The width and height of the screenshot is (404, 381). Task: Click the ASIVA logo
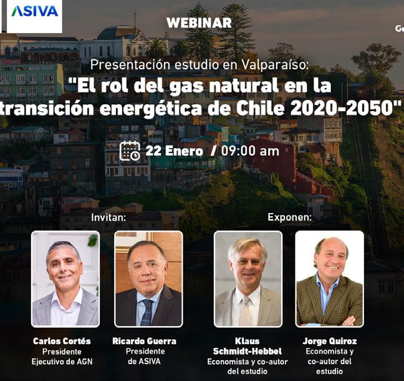[x=34, y=11]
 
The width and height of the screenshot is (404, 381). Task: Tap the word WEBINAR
[x=199, y=23]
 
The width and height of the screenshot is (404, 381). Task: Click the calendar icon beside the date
[x=130, y=151]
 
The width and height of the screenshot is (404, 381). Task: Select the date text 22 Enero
[x=174, y=151]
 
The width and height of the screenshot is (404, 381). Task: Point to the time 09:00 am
[x=250, y=151]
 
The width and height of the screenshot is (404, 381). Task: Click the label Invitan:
[x=108, y=217]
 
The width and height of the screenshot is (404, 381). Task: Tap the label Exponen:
[x=290, y=217]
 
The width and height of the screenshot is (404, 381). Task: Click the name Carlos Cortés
[x=62, y=341]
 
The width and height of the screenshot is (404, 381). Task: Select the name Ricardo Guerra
[x=145, y=341]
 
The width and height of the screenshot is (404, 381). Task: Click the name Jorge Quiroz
[x=330, y=341]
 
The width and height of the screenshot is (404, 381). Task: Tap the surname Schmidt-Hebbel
[x=248, y=351]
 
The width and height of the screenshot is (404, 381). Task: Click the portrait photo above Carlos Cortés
[x=65, y=279]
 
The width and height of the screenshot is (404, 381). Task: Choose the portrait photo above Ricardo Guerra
[x=148, y=279]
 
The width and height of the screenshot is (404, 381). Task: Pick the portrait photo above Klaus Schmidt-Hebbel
[x=248, y=279]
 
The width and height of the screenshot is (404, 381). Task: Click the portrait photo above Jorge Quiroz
[x=330, y=279]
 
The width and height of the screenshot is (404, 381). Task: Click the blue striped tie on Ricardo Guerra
[x=147, y=312]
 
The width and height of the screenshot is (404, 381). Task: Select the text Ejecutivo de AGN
[x=62, y=362]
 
